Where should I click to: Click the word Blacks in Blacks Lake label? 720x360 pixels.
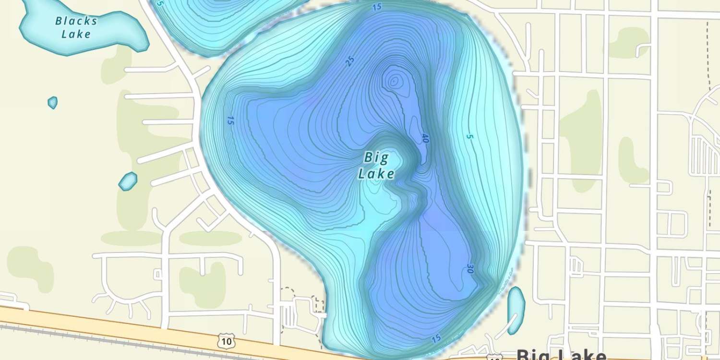76,21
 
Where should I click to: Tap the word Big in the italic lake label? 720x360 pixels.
375,157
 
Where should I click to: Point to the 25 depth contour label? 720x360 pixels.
350,61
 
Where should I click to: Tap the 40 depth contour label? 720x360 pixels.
425,138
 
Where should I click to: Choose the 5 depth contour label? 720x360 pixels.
469,137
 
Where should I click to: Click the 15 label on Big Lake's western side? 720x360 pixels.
230,120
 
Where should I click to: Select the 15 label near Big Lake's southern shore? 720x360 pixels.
436,338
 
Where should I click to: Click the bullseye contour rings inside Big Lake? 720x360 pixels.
394,82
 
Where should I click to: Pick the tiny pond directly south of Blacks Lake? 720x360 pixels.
52,102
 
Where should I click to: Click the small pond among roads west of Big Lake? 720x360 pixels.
128,181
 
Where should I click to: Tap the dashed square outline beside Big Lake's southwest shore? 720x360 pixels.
287,293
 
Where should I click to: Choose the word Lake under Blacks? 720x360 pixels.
76,34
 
